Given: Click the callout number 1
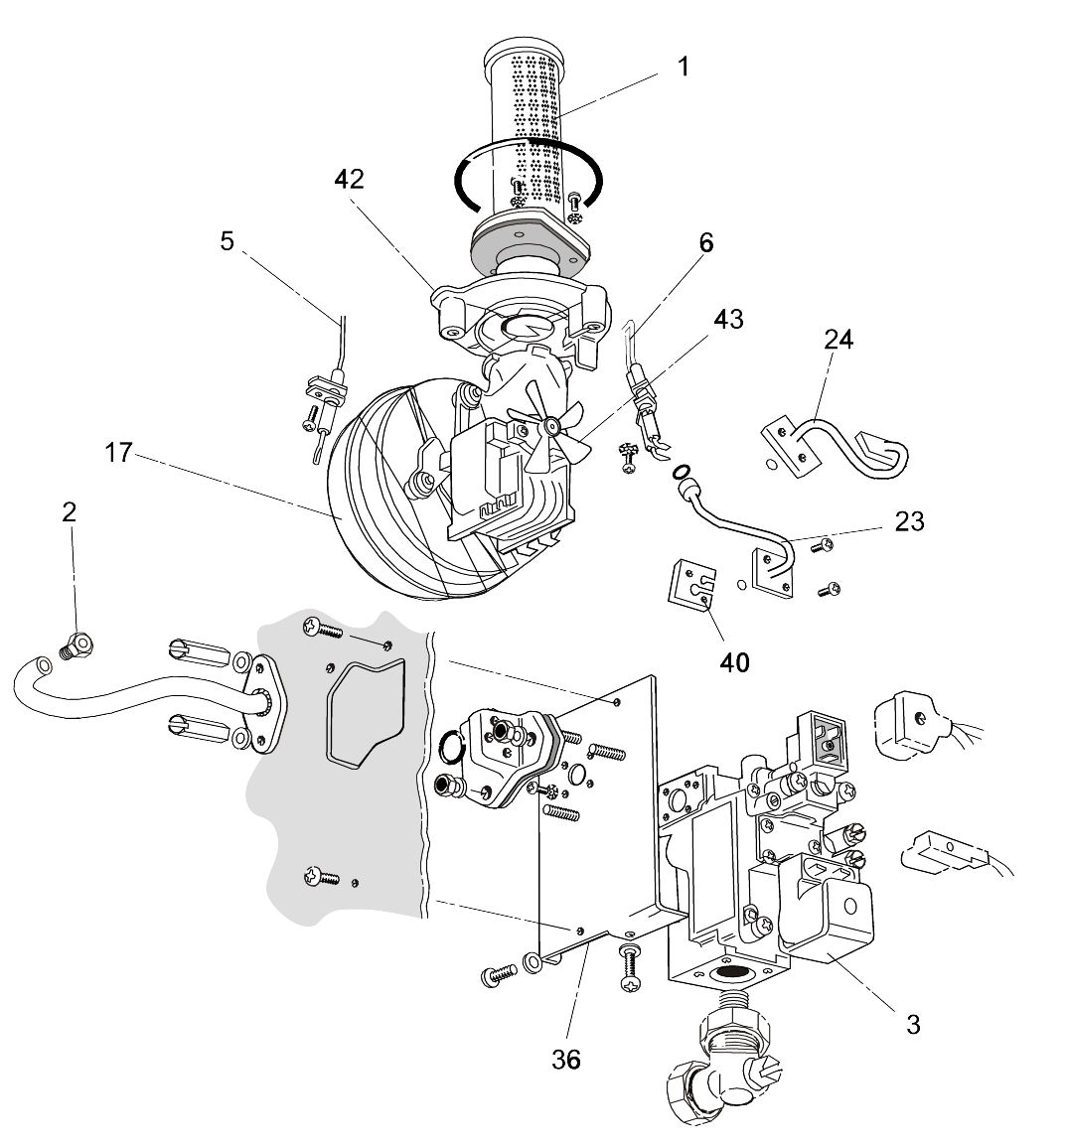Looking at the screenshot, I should pos(683,67).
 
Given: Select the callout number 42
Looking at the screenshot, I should pos(349,179).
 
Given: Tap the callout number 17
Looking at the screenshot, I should pos(119,454).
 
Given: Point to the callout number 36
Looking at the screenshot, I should pos(566,1059).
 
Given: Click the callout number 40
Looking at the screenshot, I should pos(735,661).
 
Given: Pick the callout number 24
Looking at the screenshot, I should pos(838,341).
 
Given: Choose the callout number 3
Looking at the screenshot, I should pos(912,1024).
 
